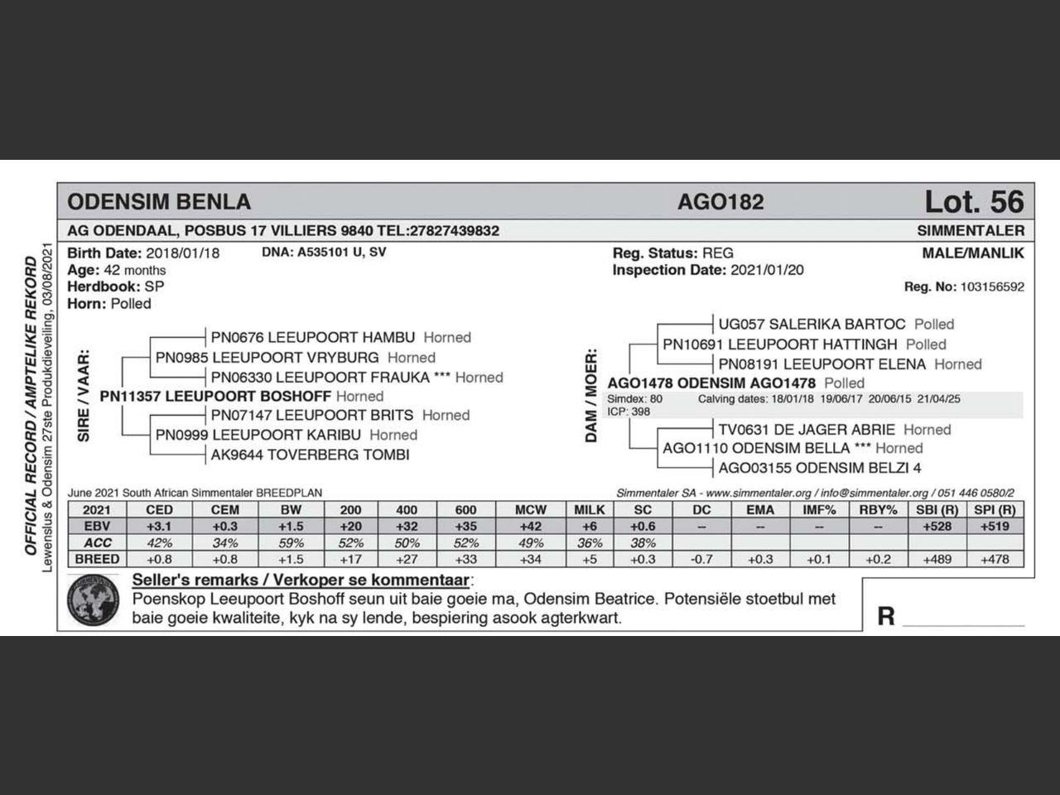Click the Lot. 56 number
pyautogui.click(x=974, y=201)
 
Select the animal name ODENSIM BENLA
pyautogui.click(x=159, y=202)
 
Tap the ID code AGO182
pyautogui.click(x=720, y=202)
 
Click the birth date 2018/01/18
pyautogui.click(x=183, y=253)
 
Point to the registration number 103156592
pyautogui.click(x=991, y=287)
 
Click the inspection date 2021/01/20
pyautogui.click(x=767, y=270)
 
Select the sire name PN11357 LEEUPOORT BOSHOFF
pyautogui.click(x=215, y=396)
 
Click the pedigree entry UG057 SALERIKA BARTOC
pyautogui.click(x=812, y=324)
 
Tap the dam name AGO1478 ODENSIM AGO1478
pyautogui.click(x=711, y=383)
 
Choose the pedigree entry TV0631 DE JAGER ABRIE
pyautogui.click(x=807, y=429)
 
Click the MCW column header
pyautogui.click(x=531, y=510)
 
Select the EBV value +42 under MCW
pyautogui.click(x=531, y=527)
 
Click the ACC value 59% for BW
pyautogui.click(x=291, y=543)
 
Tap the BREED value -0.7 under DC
pyautogui.click(x=701, y=559)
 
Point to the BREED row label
pyautogui.click(x=97, y=559)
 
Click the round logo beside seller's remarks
pyautogui.click(x=94, y=601)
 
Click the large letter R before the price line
pyautogui.click(x=886, y=616)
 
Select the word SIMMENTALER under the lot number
pyautogui.click(x=971, y=231)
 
